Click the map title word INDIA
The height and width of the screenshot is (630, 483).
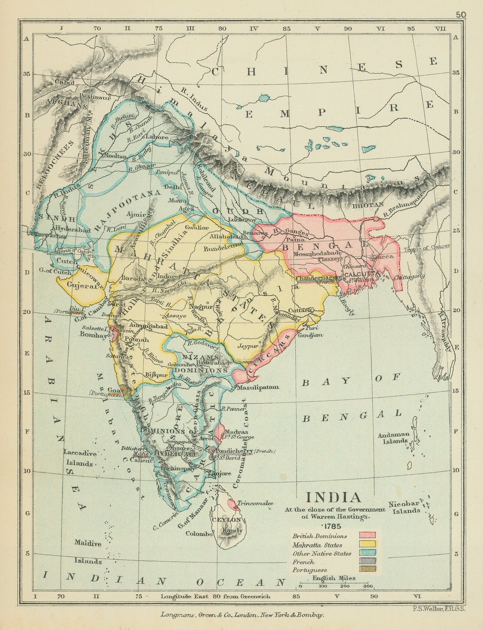click(x=333, y=497)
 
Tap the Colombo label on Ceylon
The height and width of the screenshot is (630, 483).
click(x=199, y=533)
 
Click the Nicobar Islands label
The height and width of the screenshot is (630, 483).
click(x=406, y=507)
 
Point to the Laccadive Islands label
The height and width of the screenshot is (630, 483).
click(x=80, y=457)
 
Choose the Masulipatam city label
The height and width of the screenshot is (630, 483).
click(x=258, y=387)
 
